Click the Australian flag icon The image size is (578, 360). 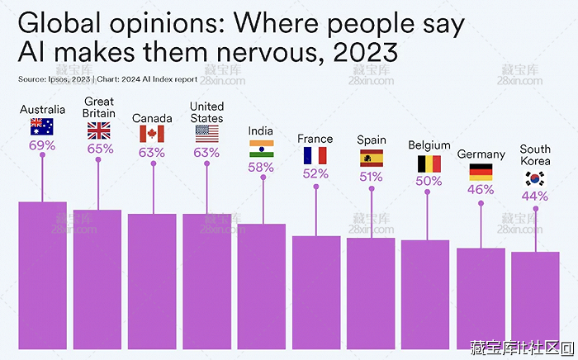(x=42, y=126)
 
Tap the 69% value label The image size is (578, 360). (x=42, y=145)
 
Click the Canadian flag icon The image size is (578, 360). (x=152, y=134)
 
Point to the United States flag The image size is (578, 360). (x=206, y=134)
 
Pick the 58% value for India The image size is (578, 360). (x=262, y=167)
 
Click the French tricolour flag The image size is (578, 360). (x=315, y=155)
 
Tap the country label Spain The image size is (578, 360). (x=372, y=140)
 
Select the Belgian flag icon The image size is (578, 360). (x=429, y=163)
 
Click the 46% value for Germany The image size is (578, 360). (x=481, y=189)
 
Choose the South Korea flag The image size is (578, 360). (x=535, y=178)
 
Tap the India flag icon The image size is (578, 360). (x=262, y=149)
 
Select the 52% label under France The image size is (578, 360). (x=315, y=173)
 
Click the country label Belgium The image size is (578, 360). (x=429, y=145)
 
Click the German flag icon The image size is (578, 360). (x=481, y=171)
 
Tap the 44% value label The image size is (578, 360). (x=535, y=197)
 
